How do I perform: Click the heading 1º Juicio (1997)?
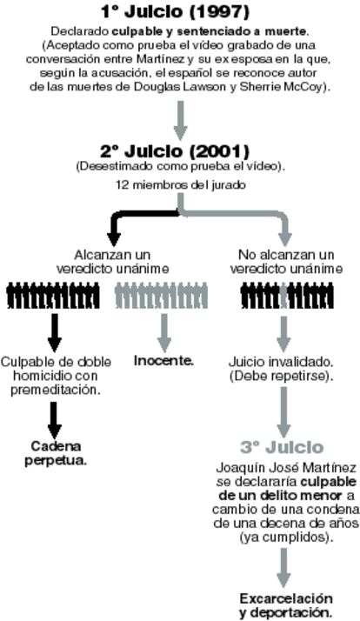click(175, 11)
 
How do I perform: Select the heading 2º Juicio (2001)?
click(175, 151)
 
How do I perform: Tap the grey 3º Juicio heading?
click(282, 447)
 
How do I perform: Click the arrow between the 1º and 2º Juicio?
click(180, 120)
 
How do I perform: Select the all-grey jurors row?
click(161, 295)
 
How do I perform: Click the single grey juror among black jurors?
click(283, 296)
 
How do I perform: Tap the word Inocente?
click(163, 361)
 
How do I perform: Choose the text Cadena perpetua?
click(56, 453)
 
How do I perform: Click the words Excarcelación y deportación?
click(285, 604)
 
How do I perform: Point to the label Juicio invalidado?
click(281, 362)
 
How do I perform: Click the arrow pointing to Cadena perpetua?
click(55, 420)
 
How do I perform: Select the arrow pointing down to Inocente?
click(164, 332)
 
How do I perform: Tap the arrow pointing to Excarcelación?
click(283, 568)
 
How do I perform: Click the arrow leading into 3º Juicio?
click(283, 412)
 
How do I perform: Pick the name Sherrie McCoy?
click(281, 87)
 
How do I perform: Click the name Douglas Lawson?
click(179, 87)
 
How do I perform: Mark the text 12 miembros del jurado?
click(181, 185)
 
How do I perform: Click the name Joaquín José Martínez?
click(286, 468)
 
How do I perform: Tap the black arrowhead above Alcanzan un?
click(114, 239)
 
